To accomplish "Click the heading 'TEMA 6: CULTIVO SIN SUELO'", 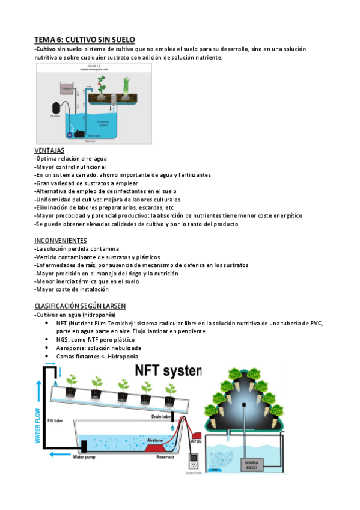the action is pos(84,39).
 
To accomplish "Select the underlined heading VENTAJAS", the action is pos(49,150).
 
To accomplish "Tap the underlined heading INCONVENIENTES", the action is pos(61,241).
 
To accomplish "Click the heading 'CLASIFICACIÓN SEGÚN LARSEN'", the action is pos(80,306).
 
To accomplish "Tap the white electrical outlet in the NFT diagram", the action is pos(193,465).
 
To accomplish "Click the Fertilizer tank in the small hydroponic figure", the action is pos(67,90).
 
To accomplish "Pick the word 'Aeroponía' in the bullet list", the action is pos(70,348).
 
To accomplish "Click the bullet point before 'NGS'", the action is pos(47,339).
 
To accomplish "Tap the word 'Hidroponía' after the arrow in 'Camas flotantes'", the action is pos(127,356).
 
